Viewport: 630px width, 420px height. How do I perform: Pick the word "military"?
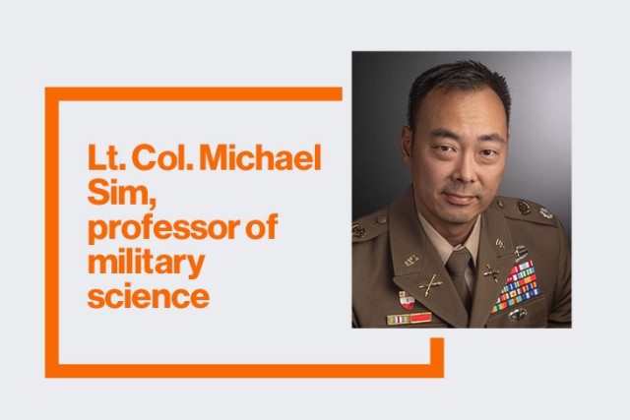point(146,263)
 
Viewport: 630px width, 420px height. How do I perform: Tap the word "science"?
point(148,296)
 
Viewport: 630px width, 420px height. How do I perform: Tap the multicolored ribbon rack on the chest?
point(515,285)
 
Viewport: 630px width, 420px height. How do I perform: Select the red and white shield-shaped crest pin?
point(405,298)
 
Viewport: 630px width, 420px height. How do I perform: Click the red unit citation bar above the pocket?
point(420,318)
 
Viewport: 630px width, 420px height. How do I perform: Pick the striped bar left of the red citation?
point(397,319)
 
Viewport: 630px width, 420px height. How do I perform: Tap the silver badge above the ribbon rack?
point(521,252)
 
